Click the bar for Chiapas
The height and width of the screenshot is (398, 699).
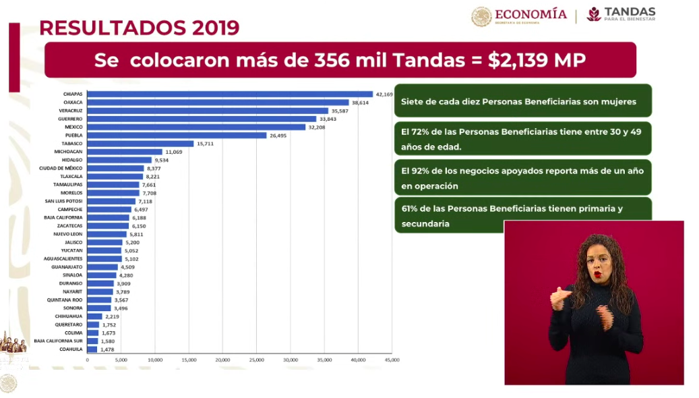point(229,94)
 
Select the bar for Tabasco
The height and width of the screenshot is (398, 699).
point(140,144)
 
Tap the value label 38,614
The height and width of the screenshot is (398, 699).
point(362,103)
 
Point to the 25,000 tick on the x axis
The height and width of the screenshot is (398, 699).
point(257,360)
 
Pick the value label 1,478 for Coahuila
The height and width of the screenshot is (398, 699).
point(107,349)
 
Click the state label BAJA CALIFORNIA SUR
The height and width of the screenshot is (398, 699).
point(59,341)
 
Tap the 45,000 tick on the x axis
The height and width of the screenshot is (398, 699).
point(392,360)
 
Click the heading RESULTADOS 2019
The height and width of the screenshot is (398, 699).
point(140,28)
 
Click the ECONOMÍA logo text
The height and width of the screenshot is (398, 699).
point(530,15)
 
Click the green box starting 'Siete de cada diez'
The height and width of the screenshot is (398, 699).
point(522,101)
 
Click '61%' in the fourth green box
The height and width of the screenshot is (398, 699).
point(411,209)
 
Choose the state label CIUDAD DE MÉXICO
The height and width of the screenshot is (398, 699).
point(61,168)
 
